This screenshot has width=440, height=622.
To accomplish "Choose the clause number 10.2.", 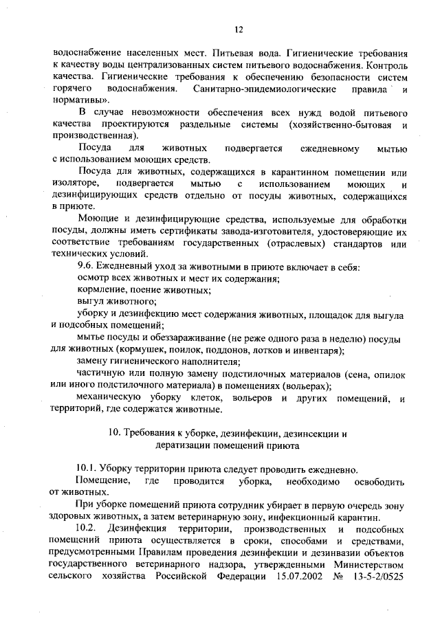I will pyautogui.click(x=89, y=528).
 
